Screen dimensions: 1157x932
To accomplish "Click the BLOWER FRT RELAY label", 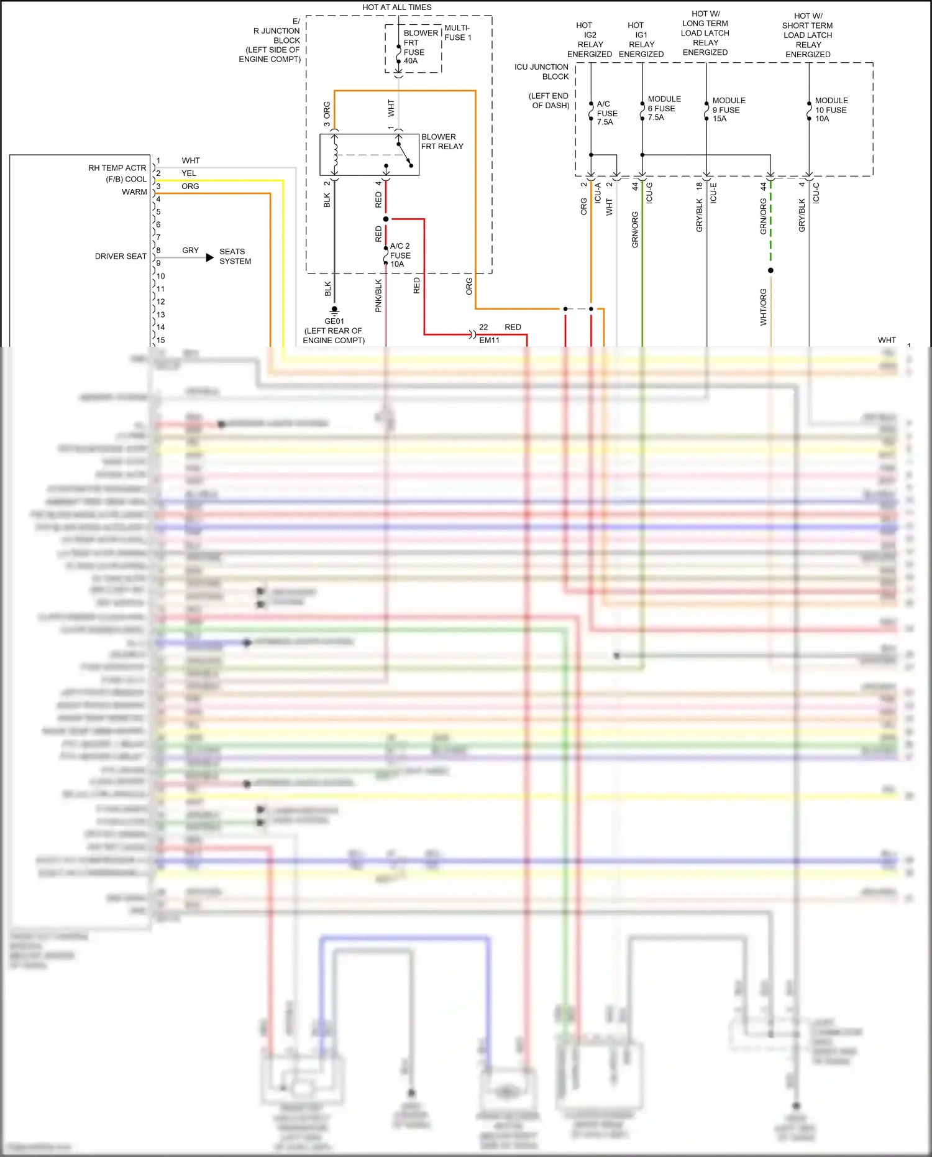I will click(442, 142).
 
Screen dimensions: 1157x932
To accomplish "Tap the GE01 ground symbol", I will click(334, 310).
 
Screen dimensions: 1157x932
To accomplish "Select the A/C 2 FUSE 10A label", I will click(400, 255).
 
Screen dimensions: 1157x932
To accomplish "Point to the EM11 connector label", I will click(489, 340).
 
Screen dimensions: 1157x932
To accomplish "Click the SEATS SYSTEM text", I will click(235, 256).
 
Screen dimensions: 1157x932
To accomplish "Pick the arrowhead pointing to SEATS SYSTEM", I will click(210, 257).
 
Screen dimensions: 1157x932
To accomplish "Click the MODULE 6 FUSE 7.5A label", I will click(664, 108).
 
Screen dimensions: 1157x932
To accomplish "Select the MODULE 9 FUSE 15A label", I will click(728, 109).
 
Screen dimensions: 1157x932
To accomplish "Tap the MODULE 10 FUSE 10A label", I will click(831, 109).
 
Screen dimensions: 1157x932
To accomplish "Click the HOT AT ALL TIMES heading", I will click(396, 7).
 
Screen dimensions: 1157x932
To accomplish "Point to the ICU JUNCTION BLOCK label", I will click(542, 71).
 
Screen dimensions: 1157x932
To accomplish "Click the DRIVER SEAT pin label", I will click(121, 256).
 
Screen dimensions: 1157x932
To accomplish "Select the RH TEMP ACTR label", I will click(117, 168).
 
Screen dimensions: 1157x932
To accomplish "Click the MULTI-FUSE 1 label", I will click(457, 32).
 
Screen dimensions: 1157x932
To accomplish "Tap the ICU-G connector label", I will click(649, 193).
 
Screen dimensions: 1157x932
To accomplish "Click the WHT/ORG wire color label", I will click(764, 307).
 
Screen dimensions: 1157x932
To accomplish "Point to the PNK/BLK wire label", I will click(378, 295).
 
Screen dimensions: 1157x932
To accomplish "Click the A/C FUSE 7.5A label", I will click(606, 113).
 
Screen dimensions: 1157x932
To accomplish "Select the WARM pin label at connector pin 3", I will click(134, 192).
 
